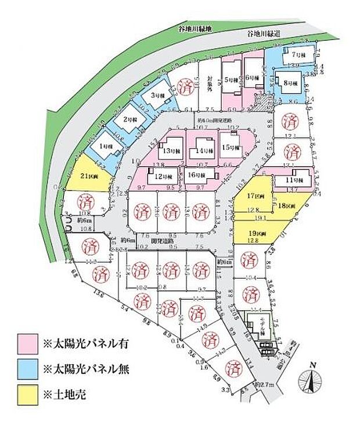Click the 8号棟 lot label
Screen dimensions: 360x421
(290, 82)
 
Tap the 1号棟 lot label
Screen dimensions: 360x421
(105, 147)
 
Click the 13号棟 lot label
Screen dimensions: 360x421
(171, 150)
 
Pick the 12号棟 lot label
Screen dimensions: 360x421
(161, 176)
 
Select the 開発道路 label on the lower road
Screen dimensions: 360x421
(161, 240)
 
